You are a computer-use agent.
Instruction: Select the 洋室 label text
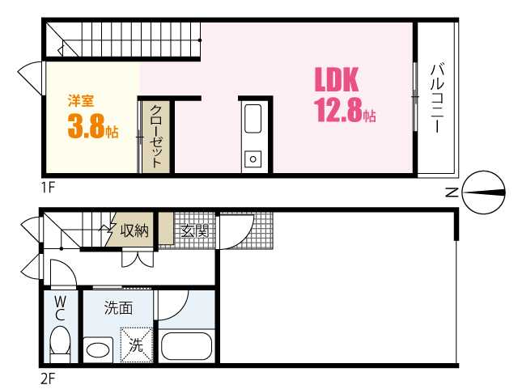point(80,101)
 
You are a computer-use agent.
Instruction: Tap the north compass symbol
point(482,192)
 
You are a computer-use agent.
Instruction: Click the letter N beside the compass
point(452,192)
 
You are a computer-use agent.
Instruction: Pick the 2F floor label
point(48,377)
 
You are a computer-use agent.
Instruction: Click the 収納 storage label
point(134,230)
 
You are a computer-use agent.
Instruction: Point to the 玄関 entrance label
point(194,230)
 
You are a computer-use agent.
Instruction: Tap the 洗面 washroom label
point(118,307)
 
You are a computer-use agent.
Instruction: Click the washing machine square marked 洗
point(136,345)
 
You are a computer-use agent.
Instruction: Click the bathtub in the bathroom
point(187,346)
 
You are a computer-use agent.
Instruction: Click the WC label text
point(60,307)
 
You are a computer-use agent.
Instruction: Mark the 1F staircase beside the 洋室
point(121,40)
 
